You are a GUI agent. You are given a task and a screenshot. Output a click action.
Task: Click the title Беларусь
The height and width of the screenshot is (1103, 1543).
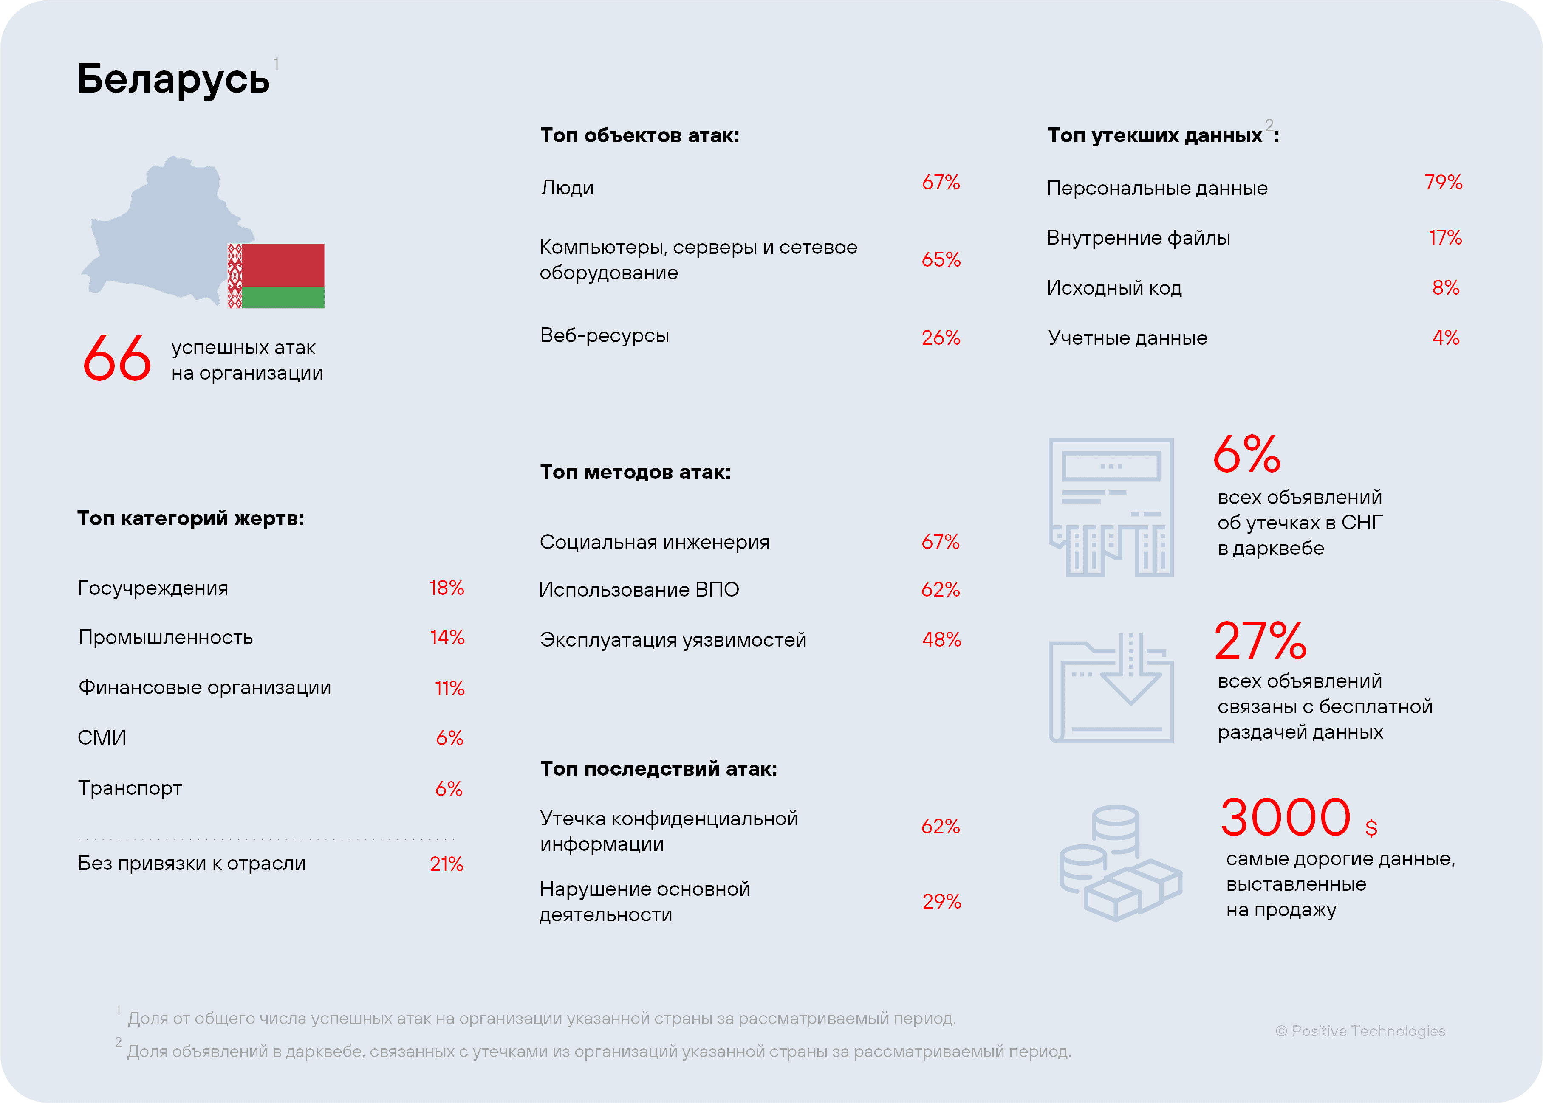coord(173,79)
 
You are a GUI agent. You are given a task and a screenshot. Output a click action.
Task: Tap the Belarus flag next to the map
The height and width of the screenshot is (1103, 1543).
coord(276,276)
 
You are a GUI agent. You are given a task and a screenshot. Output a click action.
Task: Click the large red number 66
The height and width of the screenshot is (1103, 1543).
coord(117,359)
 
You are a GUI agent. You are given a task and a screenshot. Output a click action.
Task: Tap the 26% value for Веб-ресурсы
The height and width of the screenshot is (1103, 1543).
coord(940,338)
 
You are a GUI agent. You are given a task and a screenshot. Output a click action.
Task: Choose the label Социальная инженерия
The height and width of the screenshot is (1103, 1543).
coord(654,542)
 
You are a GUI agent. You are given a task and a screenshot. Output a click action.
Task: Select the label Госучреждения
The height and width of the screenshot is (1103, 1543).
coord(153,588)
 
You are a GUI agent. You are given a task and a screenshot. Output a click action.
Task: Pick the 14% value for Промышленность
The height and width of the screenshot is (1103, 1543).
coord(447,637)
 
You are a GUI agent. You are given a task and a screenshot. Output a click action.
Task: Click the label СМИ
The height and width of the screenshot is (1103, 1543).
coord(102,737)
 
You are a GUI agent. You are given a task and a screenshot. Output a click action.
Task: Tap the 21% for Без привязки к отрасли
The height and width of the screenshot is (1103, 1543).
coord(447,864)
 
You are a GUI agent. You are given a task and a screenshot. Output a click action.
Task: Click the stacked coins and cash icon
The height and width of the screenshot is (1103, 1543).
coord(1119,863)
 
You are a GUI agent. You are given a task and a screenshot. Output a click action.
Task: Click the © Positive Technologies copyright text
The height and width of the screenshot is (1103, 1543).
coord(1360,1031)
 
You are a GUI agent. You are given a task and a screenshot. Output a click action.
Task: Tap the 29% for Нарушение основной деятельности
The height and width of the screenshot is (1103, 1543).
coord(941,901)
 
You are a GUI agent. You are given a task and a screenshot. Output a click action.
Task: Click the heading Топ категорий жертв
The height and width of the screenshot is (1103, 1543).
coord(190,518)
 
